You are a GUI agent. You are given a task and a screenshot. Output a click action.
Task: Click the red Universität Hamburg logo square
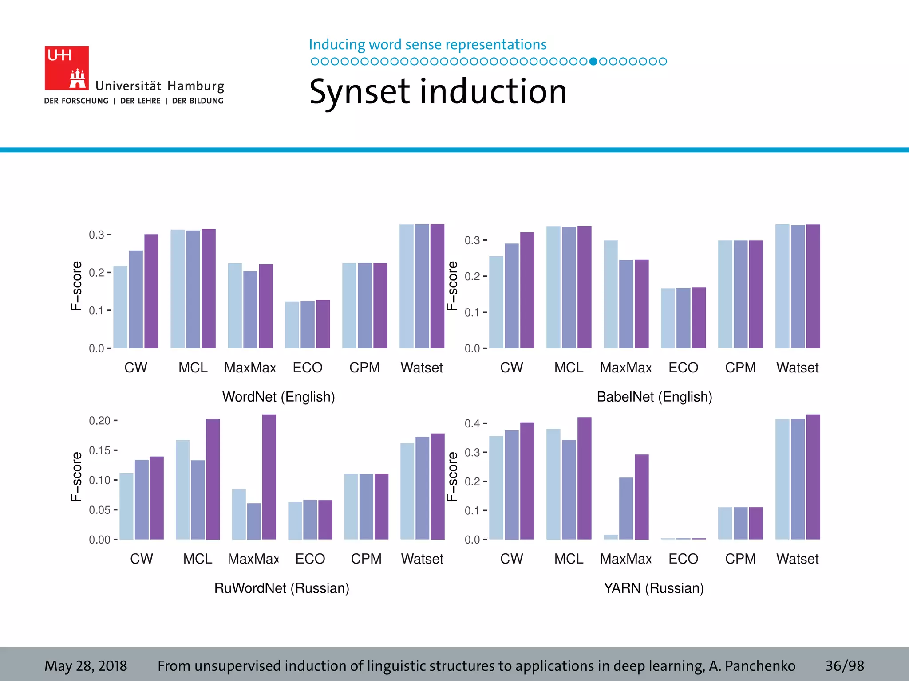click(x=67, y=68)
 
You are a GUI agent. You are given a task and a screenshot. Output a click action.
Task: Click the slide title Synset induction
click(x=438, y=92)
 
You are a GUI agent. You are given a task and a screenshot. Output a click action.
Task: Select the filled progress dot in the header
click(x=593, y=61)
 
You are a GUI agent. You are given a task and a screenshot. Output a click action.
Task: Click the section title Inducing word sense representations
click(x=427, y=45)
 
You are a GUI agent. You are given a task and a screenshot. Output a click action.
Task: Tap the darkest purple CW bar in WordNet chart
click(x=151, y=291)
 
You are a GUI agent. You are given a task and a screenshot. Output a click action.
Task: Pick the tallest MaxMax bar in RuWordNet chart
click(x=269, y=477)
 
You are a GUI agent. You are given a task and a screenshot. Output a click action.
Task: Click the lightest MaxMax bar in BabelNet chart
click(x=610, y=294)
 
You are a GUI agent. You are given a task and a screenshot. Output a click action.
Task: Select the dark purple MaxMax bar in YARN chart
click(x=641, y=497)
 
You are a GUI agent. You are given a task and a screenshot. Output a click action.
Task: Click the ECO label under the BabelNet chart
click(x=683, y=368)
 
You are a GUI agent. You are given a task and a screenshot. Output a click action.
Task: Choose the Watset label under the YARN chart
click(x=797, y=559)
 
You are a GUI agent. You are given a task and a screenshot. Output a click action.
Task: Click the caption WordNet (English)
click(x=278, y=396)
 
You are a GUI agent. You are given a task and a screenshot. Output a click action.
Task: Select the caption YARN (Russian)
click(x=653, y=588)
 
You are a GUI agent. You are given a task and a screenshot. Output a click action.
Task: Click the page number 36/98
click(x=844, y=666)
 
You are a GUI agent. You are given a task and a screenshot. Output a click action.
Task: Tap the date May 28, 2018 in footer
click(x=86, y=666)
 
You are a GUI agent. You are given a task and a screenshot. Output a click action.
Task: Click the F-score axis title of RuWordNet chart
click(x=76, y=477)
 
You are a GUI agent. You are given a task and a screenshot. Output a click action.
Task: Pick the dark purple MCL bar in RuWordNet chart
click(x=213, y=479)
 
